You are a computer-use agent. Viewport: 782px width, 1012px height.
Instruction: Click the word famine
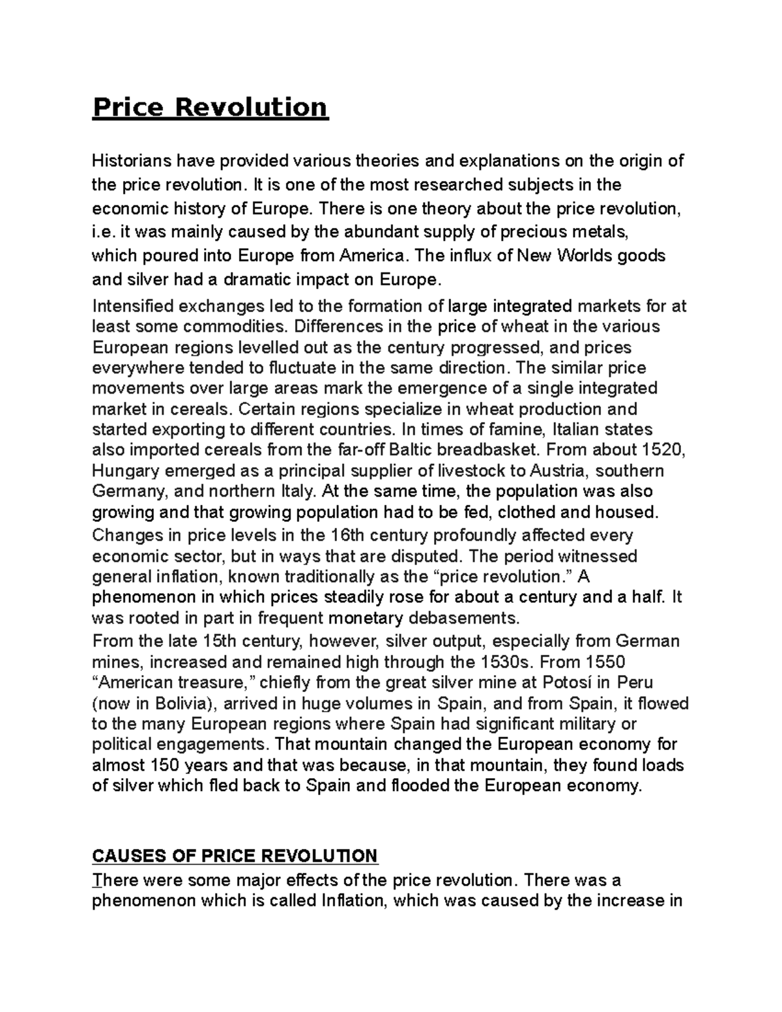[x=511, y=430]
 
